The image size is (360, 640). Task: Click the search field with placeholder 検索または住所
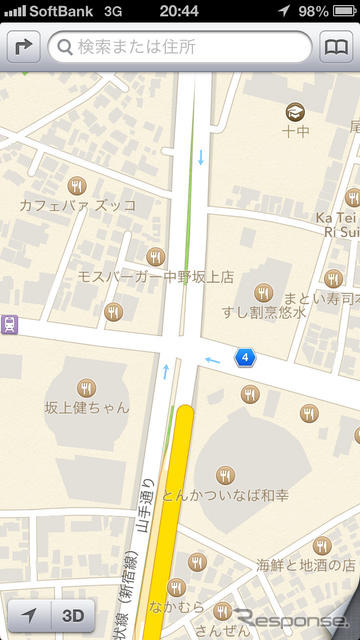180,47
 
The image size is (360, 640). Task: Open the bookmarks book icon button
336,47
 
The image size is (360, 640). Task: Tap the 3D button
73,616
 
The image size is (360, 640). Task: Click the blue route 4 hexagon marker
244,357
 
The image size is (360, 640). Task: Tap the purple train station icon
10,325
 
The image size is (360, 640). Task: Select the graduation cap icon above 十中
295,111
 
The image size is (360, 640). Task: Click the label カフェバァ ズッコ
77,205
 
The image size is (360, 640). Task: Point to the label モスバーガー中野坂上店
155,276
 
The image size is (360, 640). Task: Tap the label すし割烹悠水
264,312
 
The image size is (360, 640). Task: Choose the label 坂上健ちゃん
87,408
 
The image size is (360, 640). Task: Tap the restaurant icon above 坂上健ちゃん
87,387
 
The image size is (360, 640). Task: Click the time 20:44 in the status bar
179,10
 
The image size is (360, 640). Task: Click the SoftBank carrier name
61,10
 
